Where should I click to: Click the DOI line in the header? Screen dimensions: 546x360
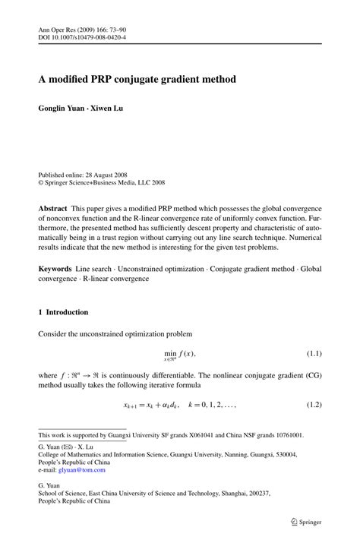[x=82, y=36]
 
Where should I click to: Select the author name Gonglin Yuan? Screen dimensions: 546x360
[x=65, y=108]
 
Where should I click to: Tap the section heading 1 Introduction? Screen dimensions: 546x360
[x=63, y=312]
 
